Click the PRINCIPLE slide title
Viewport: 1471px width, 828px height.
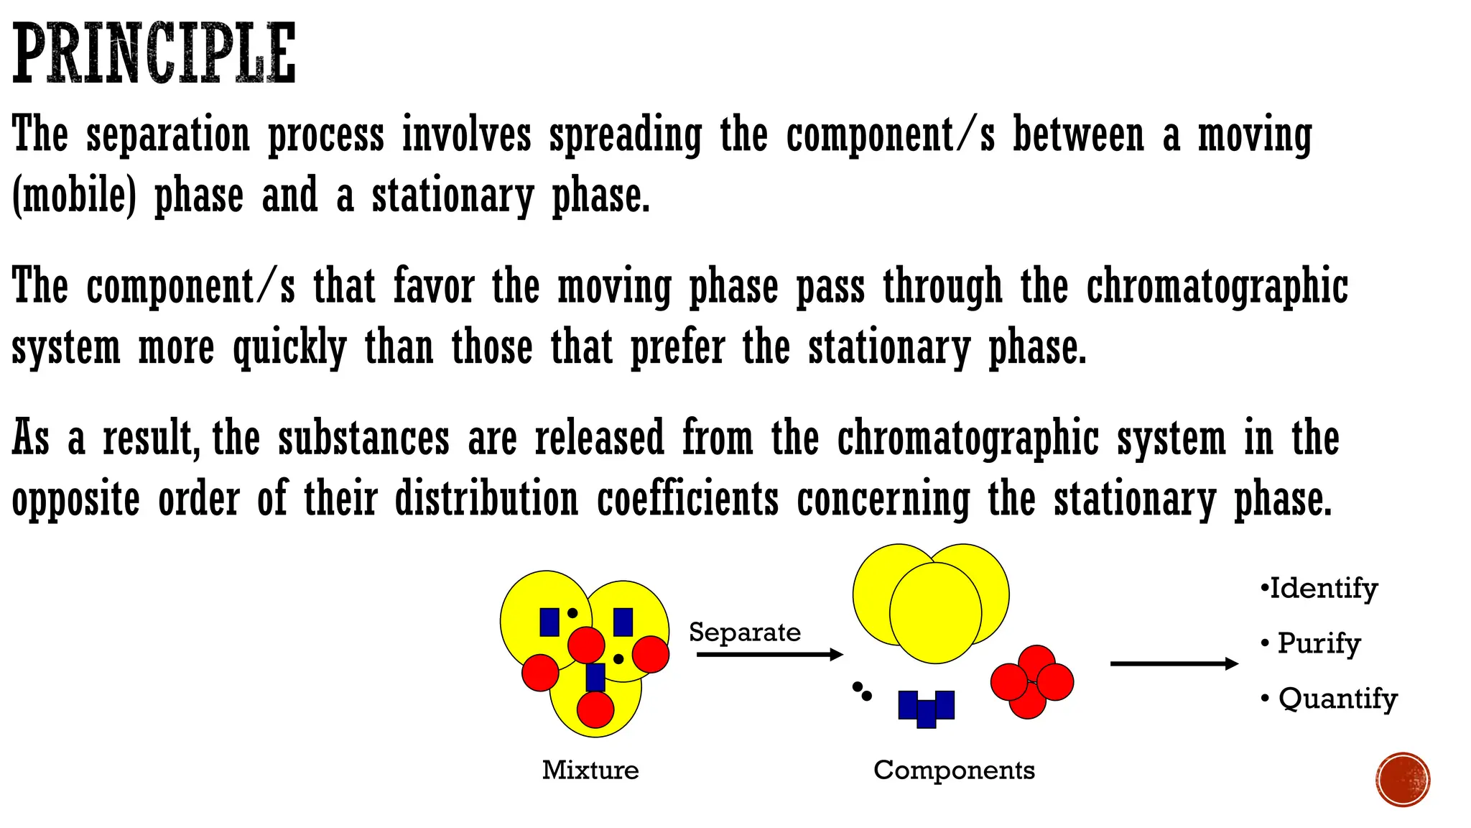pos(154,53)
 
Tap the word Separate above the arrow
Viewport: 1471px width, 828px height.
pos(744,632)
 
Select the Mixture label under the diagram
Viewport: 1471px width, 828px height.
pos(590,770)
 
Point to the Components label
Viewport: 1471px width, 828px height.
pos(954,770)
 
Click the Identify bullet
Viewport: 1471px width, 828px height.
pos(1320,589)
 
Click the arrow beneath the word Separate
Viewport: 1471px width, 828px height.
pos(769,654)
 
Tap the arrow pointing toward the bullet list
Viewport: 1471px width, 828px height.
pos(1174,663)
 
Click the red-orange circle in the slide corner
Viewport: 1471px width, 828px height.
pos(1403,780)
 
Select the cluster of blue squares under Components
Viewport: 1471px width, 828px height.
pos(927,708)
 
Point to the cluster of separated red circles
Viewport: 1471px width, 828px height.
pos(1031,681)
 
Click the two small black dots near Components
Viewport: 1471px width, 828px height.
pos(862,691)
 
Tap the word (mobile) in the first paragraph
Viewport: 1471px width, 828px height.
pos(74,196)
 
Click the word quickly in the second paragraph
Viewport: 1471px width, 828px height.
pos(289,349)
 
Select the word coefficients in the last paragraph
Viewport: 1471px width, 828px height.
pos(687,500)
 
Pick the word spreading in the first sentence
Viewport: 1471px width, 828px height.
pos(625,136)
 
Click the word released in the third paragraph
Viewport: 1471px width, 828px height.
pos(600,438)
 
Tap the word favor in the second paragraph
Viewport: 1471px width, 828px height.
pos(434,287)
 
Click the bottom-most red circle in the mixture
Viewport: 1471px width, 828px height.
pos(595,709)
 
